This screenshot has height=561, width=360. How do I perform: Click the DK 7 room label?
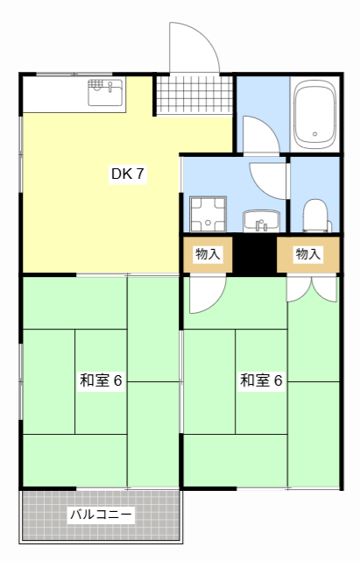pyautogui.click(x=128, y=174)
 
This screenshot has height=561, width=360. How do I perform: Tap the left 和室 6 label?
pyautogui.click(x=102, y=380)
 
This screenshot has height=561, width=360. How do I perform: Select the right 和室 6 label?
pyautogui.click(x=262, y=380)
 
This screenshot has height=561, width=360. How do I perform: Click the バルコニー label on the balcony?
pyautogui.click(x=102, y=515)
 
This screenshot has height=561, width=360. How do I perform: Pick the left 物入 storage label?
pyautogui.click(x=208, y=254)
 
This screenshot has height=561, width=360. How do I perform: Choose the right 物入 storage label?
pyautogui.click(x=308, y=254)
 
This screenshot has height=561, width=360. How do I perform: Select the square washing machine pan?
pyautogui.click(x=208, y=213)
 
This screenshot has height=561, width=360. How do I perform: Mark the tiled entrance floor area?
pyautogui.click(x=194, y=95)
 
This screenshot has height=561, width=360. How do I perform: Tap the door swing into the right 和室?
pyautogui.click(x=206, y=294)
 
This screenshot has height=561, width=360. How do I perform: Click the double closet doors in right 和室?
pyautogui.click(x=312, y=288)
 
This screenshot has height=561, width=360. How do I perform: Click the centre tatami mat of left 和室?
pyautogui.click(x=102, y=380)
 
